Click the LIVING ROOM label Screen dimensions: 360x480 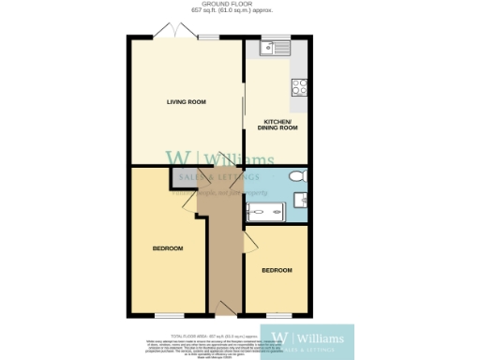point(186,102)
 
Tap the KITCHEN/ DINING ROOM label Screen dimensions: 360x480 point(280,125)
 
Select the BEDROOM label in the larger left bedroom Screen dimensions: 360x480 point(168,248)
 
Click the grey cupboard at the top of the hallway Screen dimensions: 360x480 point(184,176)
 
